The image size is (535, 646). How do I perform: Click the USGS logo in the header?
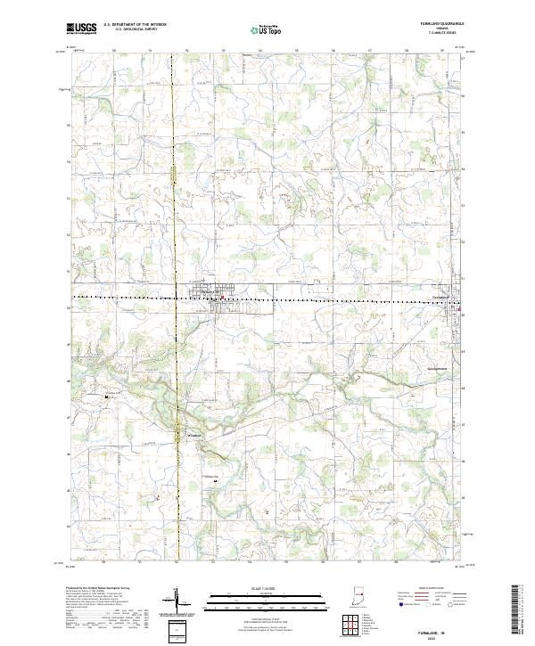83,29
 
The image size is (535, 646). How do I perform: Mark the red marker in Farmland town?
460,309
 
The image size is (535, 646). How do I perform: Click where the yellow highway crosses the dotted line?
177,296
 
